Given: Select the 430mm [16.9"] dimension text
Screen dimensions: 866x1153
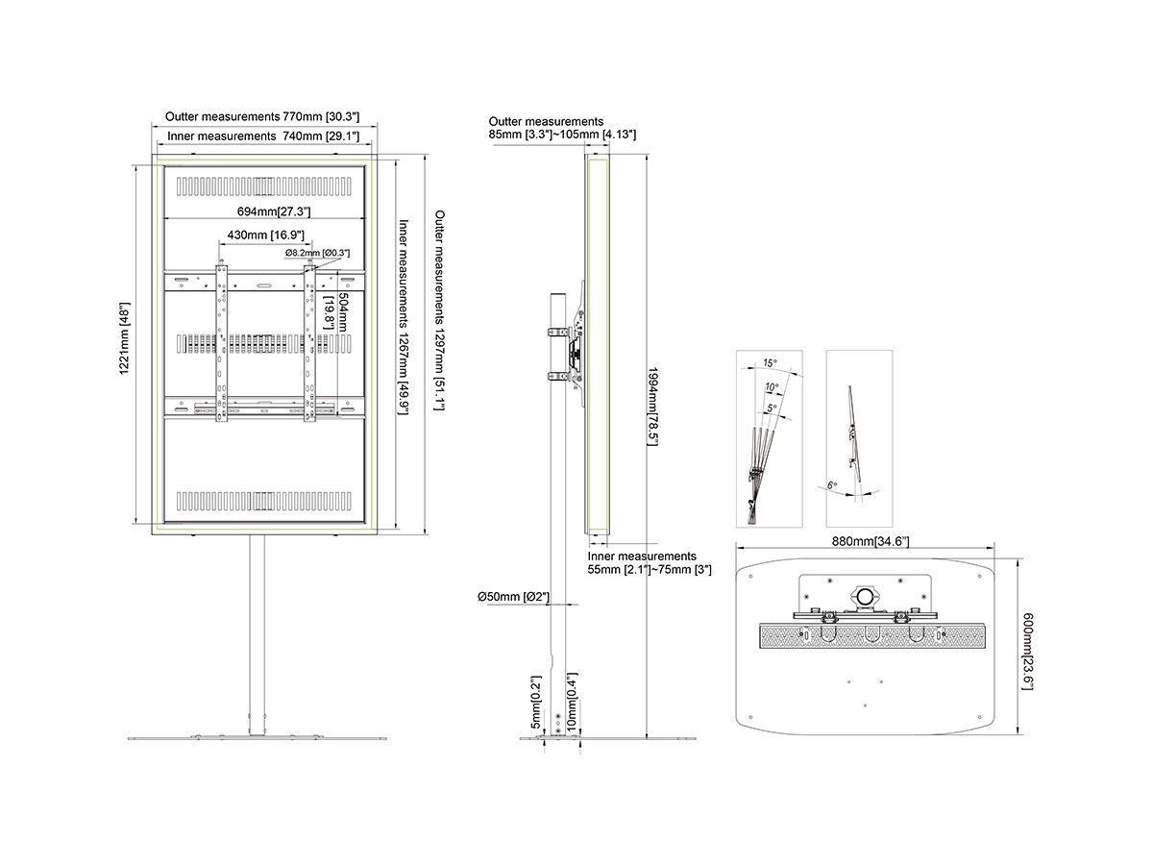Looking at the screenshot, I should tap(266, 235).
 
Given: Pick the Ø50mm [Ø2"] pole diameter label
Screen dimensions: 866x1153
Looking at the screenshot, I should tap(514, 597).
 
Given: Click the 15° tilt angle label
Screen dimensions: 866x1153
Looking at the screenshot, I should tap(770, 363).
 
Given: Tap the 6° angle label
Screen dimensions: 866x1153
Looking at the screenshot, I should tap(833, 485).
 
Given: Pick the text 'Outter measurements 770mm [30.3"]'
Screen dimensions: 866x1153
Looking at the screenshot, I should tap(262, 115).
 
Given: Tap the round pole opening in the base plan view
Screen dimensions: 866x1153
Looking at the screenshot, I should tap(867, 596).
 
